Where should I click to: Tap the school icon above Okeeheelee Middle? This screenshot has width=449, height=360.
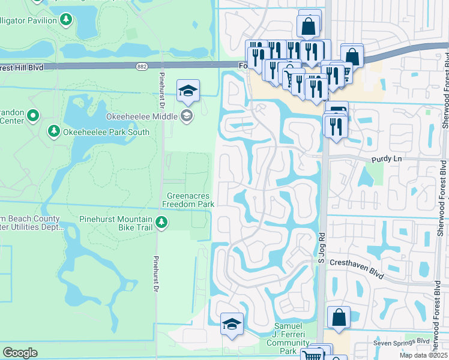(188, 91)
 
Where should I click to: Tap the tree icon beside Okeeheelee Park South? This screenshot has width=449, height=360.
(54, 131)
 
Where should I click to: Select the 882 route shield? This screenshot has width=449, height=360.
(142, 67)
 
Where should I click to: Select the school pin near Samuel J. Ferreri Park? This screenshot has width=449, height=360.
(232, 325)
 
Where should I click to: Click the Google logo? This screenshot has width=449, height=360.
(20, 352)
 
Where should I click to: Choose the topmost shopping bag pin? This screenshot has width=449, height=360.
(309, 26)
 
